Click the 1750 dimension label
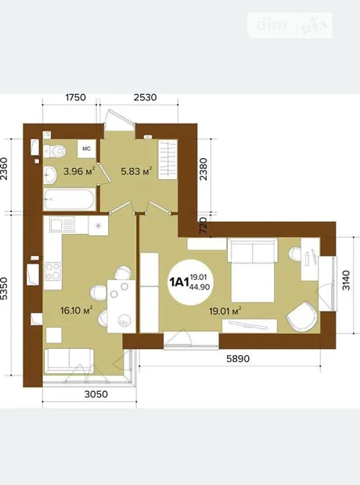pos(76,97)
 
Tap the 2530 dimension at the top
pos(146,97)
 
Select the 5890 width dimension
pos(238,358)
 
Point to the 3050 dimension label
pos(96,394)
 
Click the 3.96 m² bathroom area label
pos(78,171)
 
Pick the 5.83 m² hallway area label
pos(136,171)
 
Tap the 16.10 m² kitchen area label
pos(77,310)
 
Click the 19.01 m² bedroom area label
pos(225,311)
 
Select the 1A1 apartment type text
pos(179,282)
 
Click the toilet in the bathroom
pos(55,151)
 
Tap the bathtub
pos(69,199)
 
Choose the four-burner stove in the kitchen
pos(52,271)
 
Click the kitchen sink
pos(63,225)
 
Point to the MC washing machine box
pos(86,149)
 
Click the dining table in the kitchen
pos(121,306)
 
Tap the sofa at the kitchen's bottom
pos(69,361)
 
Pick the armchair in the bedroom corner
pos(302,317)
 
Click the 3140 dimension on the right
pos(346,280)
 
